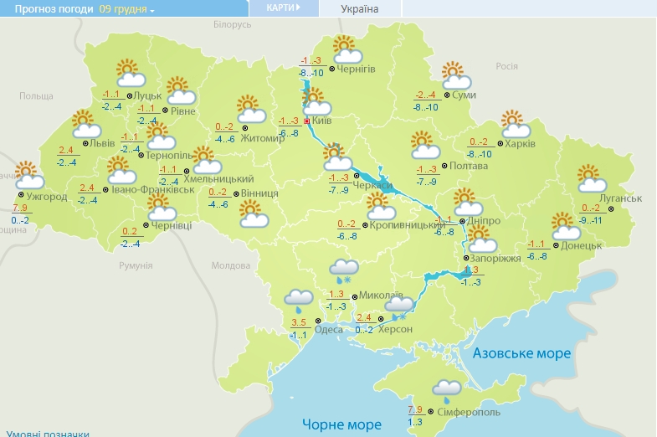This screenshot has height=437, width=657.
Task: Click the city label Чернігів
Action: pos(357,69)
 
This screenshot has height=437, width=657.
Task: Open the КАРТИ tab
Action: pos(283,8)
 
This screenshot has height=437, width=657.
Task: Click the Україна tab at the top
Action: pos(360,9)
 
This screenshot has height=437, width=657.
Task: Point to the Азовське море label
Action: pos(521,353)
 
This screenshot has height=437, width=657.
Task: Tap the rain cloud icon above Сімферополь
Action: pos(445,389)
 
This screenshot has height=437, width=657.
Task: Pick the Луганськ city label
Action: pos(621,198)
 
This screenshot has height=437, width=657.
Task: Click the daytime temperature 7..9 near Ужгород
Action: pos(20,208)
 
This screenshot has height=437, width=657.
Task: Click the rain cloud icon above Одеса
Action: pos(298,300)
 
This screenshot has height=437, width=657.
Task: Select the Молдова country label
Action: pos(230,265)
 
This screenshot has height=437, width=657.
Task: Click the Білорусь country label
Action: pos(232,25)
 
